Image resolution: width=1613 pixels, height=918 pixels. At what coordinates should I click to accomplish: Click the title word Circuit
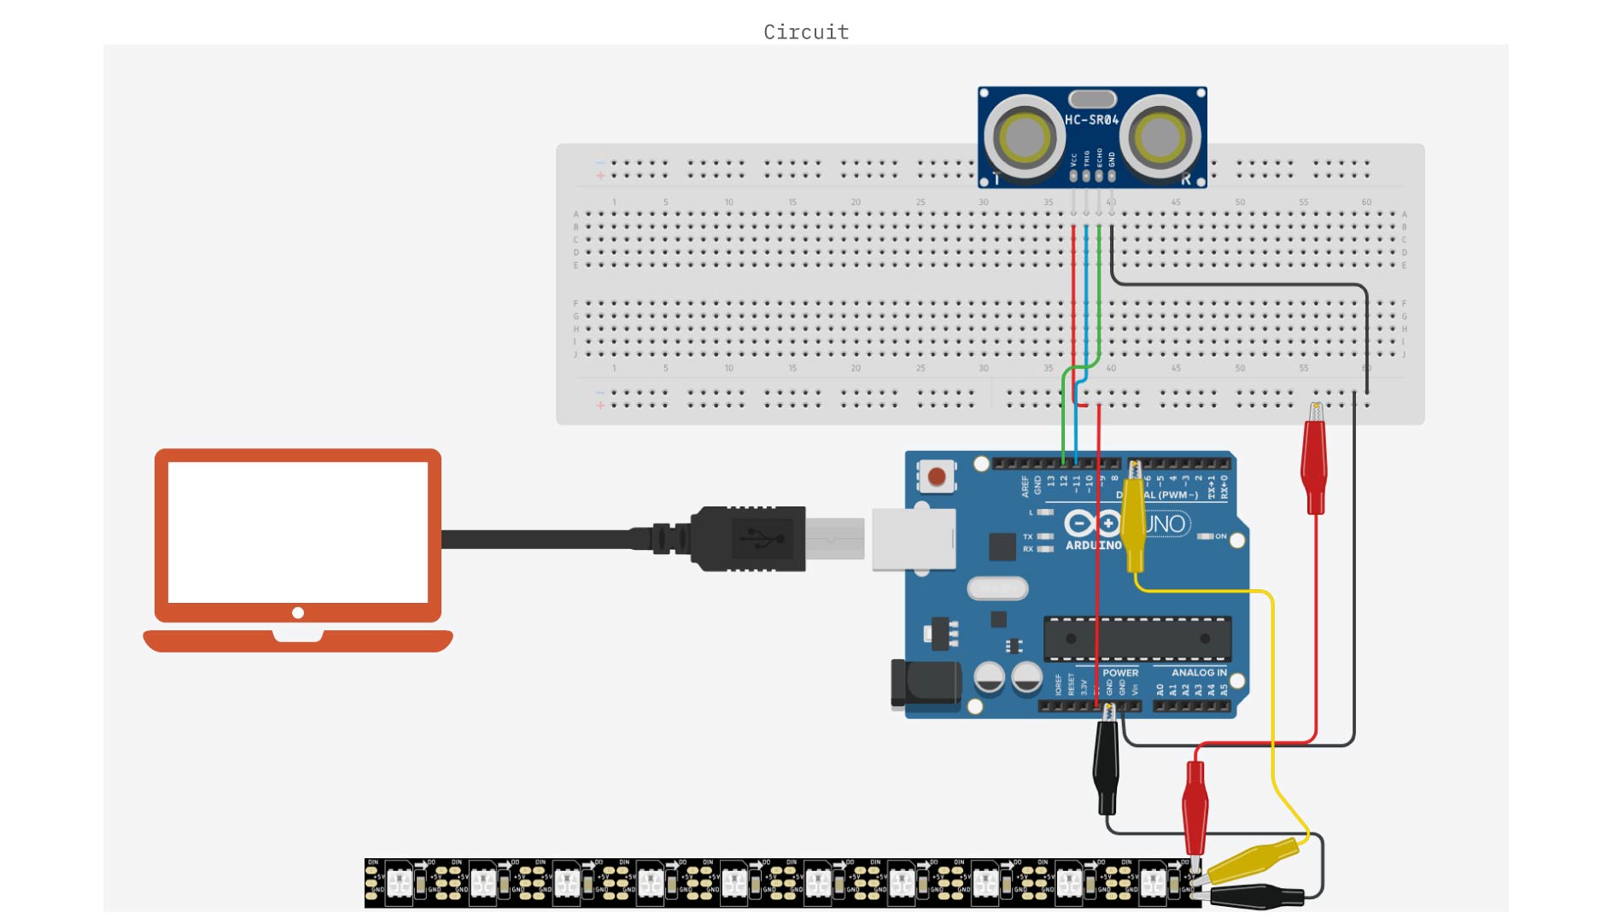coord(806,32)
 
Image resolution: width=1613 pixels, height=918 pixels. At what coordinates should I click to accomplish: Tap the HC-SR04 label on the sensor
coord(1091,120)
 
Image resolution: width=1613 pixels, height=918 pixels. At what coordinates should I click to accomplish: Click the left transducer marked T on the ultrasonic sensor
coord(1023,137)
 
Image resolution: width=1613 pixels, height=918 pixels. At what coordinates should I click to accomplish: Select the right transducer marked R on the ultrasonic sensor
coord(1159,137)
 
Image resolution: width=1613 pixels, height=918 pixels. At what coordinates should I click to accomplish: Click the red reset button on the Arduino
coord(937,477)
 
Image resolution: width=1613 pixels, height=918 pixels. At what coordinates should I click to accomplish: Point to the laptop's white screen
coord(297,531)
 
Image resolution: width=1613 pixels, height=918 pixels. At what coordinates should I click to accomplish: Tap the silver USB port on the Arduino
coord(913,539)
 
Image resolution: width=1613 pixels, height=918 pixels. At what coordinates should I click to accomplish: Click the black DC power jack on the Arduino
coord(926,683)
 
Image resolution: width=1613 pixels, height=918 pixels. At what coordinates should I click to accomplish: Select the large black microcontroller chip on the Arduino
coord(1137,638)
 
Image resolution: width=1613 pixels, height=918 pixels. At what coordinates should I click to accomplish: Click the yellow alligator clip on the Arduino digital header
coord(1134,521)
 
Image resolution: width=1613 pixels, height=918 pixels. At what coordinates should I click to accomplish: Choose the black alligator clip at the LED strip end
coord(1255,896)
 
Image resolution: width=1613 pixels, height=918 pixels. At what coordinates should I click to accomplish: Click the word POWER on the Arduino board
coord(1120,673)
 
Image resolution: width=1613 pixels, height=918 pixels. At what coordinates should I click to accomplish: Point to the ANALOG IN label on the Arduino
coord(1198,673)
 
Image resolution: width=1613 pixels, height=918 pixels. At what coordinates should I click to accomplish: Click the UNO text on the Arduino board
coord(1166,523)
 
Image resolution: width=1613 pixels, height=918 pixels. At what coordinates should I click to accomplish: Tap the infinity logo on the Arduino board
coord(1092,523)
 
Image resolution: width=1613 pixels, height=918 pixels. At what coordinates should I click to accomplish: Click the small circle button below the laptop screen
coord(298,613)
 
